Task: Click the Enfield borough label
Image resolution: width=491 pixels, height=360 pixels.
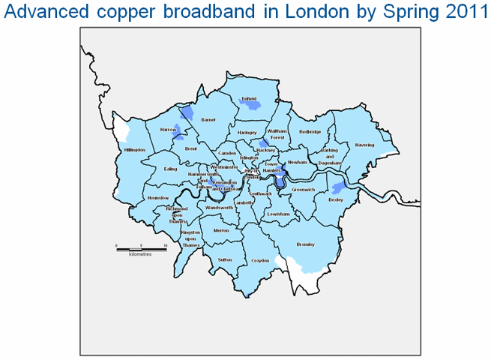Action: (x=248, y=98)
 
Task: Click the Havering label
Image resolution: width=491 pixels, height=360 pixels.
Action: (x=364, y=145)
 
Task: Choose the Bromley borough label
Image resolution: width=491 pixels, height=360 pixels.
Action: (x=305, y=245)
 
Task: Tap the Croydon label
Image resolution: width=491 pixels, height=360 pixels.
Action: (x=260, y=259)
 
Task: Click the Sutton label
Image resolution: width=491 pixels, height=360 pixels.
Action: (x=225, y=259)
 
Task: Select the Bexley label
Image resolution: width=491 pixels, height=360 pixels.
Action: (x=334, y=199)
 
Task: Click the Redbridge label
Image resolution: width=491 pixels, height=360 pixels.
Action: (x=310, y=132)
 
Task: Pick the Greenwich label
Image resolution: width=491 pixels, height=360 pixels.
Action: (x=304, y=190)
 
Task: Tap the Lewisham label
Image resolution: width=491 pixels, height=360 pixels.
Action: (x=277, y=214)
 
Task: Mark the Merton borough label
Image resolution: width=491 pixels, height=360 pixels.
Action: (x=220, y=231)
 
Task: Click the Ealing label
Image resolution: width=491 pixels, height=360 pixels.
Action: (x=170, y=169)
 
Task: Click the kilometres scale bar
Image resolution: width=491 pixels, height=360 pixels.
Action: (x=140, y=248)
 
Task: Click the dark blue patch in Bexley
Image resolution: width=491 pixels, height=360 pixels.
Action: (x=339, y=187)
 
